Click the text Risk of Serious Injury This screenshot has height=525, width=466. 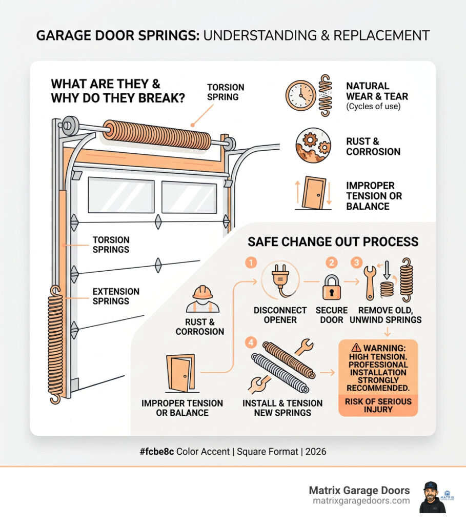(x=378, y=405)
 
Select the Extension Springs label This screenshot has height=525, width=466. (x=116, y=296)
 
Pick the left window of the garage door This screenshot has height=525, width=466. (x=121, y=195)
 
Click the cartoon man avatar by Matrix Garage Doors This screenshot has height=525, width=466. (x=432, y=497)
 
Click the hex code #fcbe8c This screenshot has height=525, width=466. (x=156, y=452)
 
